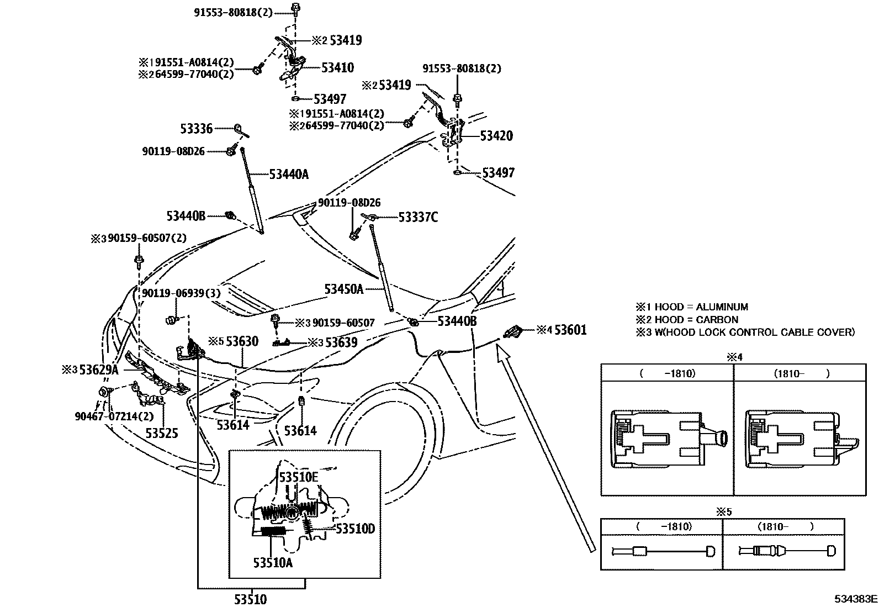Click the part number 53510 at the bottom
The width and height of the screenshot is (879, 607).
(250, 599)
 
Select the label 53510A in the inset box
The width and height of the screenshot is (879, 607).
(273, 563)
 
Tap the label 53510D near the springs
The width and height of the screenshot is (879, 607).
(355, 529)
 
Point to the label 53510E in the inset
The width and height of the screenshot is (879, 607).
(298, 477)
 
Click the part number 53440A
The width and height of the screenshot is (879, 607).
(289, 175)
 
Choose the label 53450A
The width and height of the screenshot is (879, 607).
(344, 289)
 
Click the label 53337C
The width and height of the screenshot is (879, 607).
(418, 217)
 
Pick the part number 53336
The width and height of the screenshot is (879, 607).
(196, 129)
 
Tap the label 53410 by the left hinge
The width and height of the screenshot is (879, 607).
(337, 67)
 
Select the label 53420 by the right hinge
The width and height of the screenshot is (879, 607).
(496, 136)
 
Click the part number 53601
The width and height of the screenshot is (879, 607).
(570, 330)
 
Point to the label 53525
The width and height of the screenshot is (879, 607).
(162, 432)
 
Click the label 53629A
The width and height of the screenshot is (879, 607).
(98, 370)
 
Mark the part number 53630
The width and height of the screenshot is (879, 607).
(242, 341)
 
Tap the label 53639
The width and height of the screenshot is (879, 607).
(341, 342)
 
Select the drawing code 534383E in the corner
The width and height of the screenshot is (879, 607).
(856, 599)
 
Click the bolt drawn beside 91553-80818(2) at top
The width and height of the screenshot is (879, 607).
(296, 8)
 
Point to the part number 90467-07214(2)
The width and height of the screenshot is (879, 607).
(114, 416)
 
